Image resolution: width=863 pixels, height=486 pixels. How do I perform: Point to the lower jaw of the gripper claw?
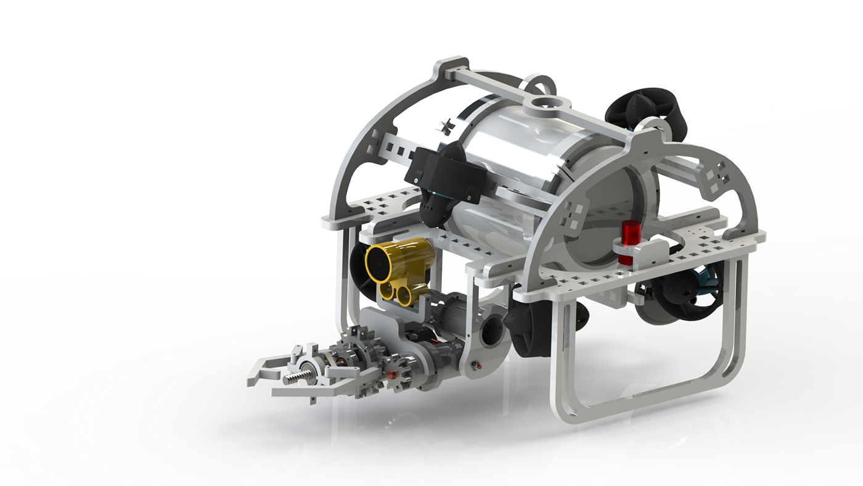click(290, 391)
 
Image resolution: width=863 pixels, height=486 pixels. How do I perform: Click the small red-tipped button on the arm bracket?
click(473, 366)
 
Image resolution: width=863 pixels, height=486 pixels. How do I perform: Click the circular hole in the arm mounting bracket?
click(493, 330)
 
